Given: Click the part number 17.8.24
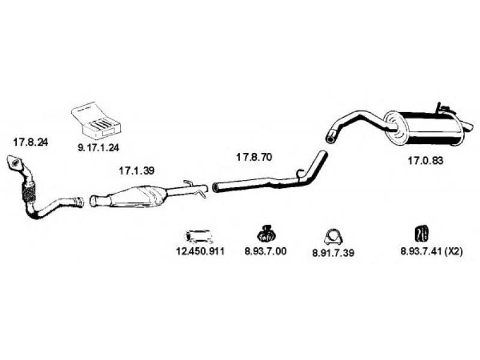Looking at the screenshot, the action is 31,142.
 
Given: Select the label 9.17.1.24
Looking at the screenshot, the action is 98,148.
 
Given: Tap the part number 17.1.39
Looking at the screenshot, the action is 137,170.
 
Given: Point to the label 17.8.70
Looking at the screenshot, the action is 254,157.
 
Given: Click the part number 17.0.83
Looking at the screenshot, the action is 425,160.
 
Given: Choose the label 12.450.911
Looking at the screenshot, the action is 200,251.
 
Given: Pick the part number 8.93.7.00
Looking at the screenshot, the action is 266,251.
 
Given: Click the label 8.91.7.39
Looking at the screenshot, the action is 333,253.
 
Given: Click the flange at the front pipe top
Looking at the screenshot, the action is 14,162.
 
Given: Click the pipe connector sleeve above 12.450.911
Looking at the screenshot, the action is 199,237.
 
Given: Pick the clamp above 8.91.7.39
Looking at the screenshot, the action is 333,237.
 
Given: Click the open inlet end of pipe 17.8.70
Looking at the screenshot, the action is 215,188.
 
